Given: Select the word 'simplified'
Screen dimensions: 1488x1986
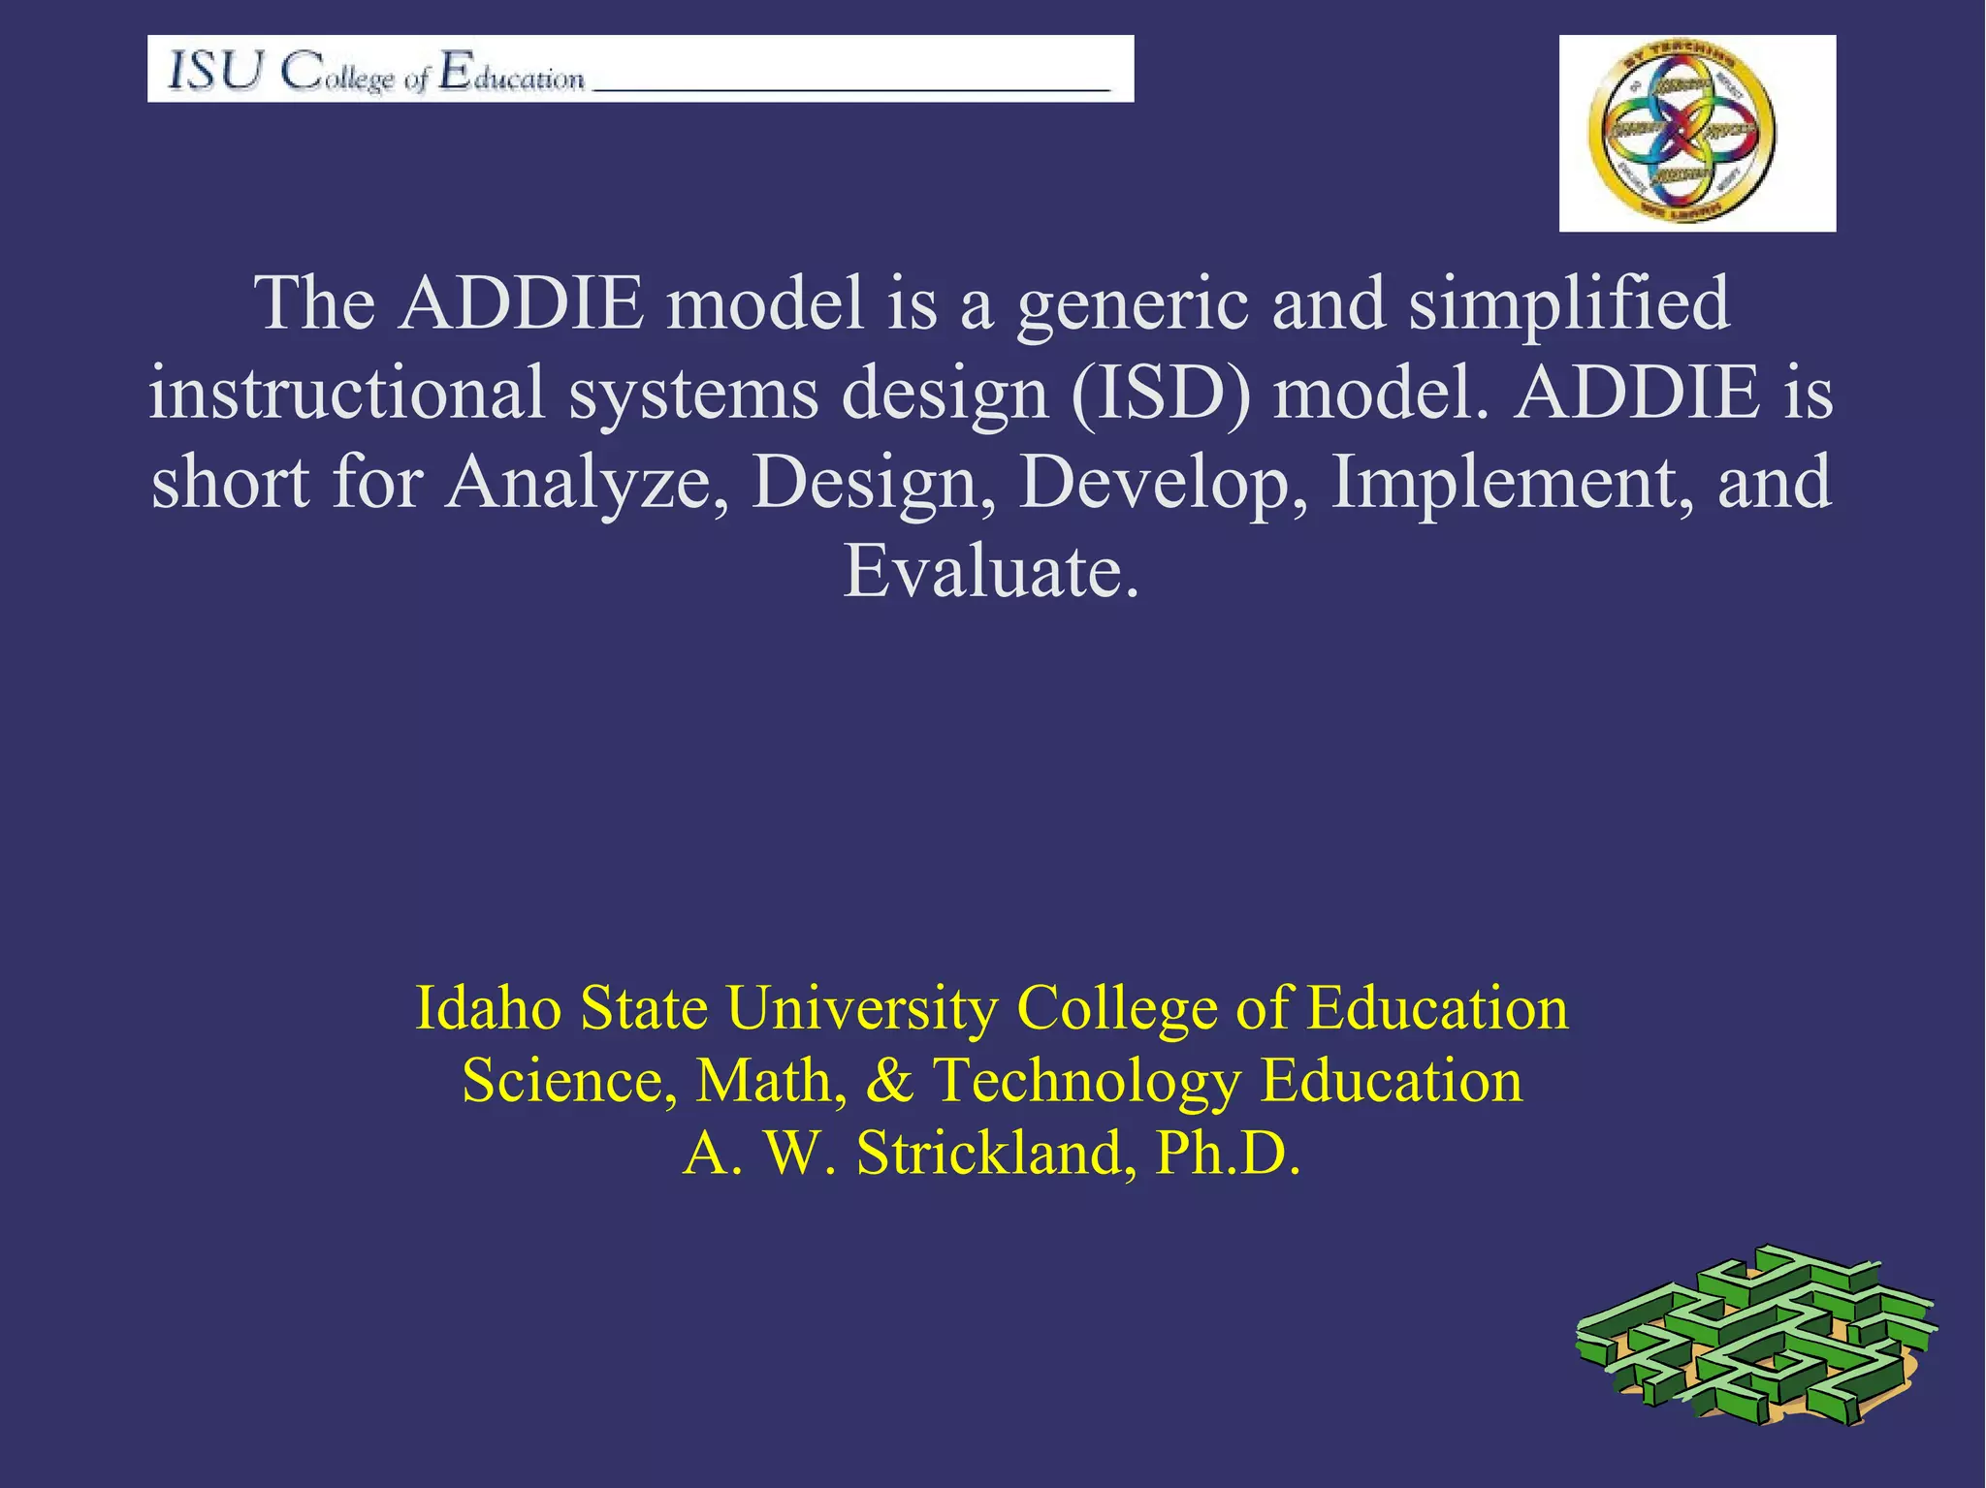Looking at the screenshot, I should tap(1568, 303).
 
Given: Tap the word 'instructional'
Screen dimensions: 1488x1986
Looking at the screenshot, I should tap(347, 393).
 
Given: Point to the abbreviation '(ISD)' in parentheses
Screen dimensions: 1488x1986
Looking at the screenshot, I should tap(1160, 393).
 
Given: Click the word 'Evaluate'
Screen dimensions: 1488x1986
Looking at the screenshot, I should tap(979, 571).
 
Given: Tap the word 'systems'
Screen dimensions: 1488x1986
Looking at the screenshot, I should tap(692, 393).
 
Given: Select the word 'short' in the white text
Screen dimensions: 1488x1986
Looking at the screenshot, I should tap(231, 482).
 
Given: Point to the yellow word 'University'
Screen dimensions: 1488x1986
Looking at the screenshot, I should tap(861, 1008).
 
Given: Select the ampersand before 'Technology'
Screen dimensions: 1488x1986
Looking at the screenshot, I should tap(888, 1081).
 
